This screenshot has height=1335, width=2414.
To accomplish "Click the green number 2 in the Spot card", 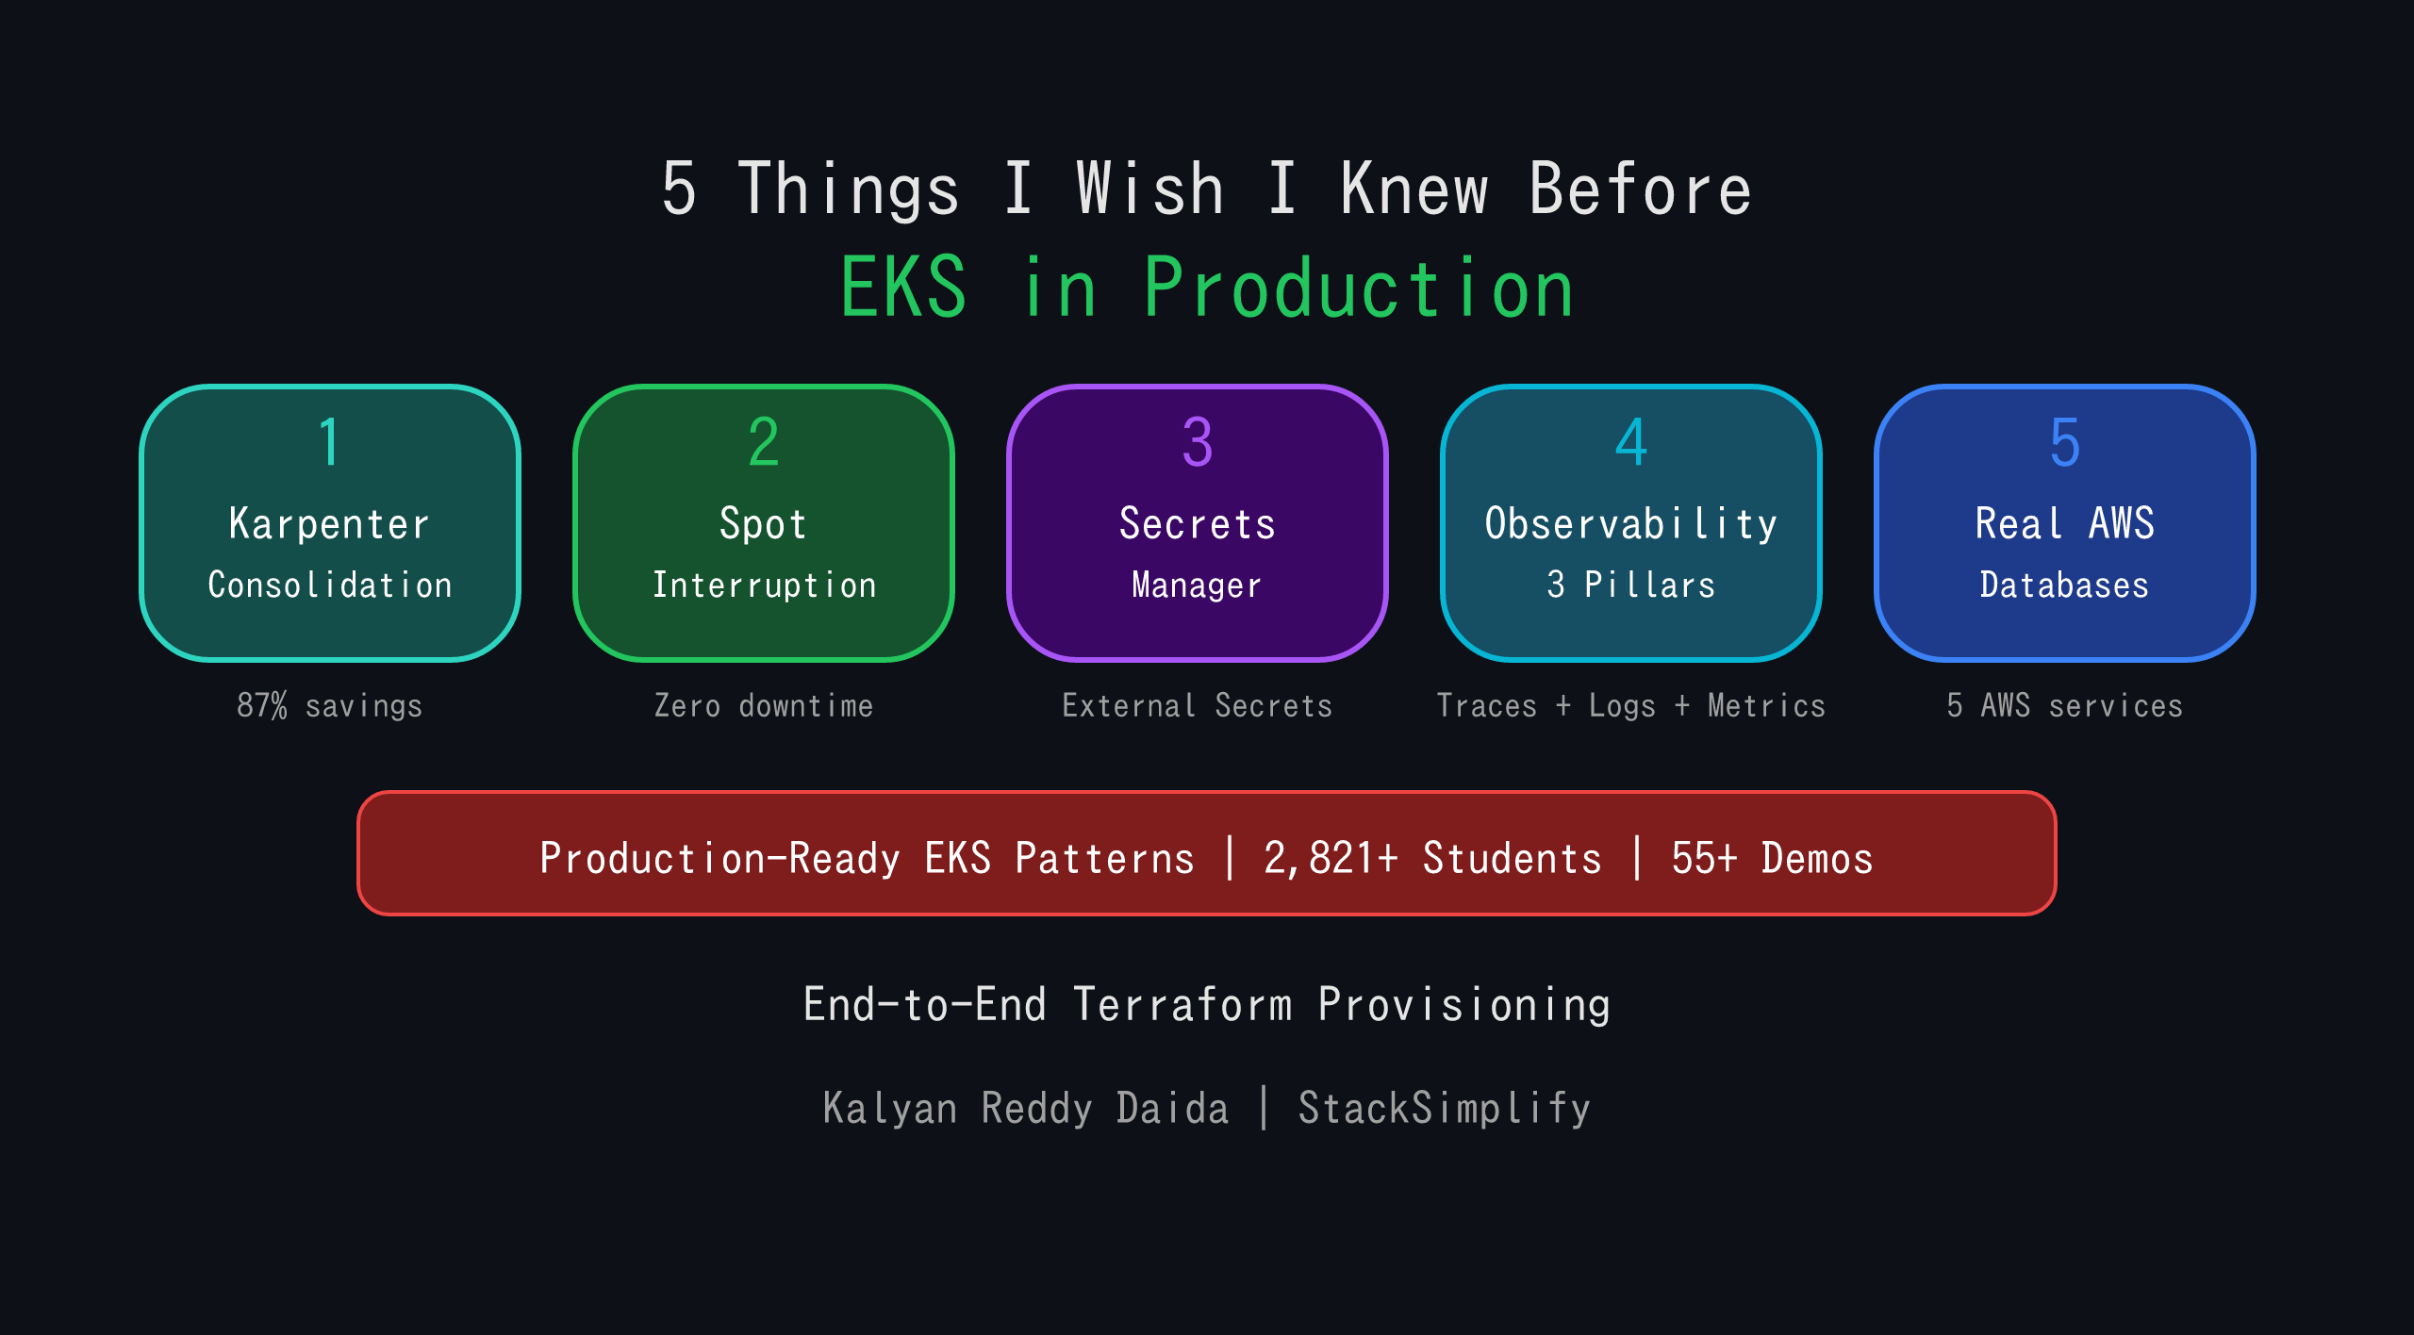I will [763, 442].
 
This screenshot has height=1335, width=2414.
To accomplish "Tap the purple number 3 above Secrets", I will [1197, 442].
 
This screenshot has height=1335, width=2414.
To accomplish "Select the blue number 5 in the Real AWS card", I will [2064, 442].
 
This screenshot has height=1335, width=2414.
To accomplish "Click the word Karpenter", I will [329, 524].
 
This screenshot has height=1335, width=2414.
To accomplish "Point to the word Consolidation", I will [329, 585].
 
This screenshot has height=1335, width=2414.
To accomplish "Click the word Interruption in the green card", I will [765, 585].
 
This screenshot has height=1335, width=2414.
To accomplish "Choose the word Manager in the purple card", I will [1197, 585].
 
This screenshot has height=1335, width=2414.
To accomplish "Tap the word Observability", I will [1630, 524].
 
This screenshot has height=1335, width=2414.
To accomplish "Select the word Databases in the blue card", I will [2064, 585].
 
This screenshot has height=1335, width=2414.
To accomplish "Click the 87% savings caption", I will [329, 705].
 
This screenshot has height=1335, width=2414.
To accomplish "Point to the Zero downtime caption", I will [764, 705].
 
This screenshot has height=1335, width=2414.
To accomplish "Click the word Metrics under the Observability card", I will [1766, 705].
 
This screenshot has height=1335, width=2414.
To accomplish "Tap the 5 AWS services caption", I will [2064, 705].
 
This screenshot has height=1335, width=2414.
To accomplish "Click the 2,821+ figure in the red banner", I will [1331, 858].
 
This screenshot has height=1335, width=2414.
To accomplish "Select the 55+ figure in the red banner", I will [1703, 858].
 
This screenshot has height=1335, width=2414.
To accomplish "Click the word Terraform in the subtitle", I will [1182, 1004].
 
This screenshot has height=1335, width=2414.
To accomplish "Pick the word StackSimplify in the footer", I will [1444, 1108].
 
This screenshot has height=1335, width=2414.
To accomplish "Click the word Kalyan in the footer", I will [889, 1108].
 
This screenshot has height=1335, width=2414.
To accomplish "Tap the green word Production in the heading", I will [1358, 288].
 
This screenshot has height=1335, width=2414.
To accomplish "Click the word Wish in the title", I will [1149, 189].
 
